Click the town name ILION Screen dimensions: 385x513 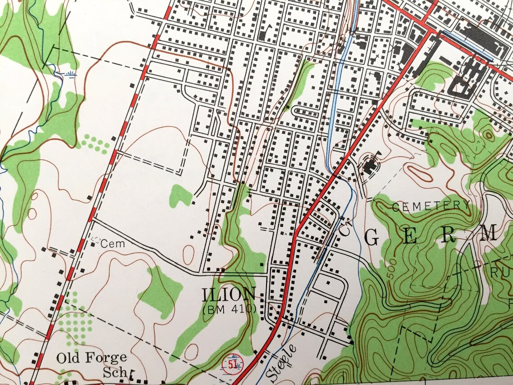coord(229,295)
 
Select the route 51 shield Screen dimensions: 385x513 coord(233,362)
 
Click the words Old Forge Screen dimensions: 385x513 coord(91,358)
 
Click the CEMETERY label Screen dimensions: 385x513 coord(431,206)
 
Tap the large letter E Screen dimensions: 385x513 coord(409,237)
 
